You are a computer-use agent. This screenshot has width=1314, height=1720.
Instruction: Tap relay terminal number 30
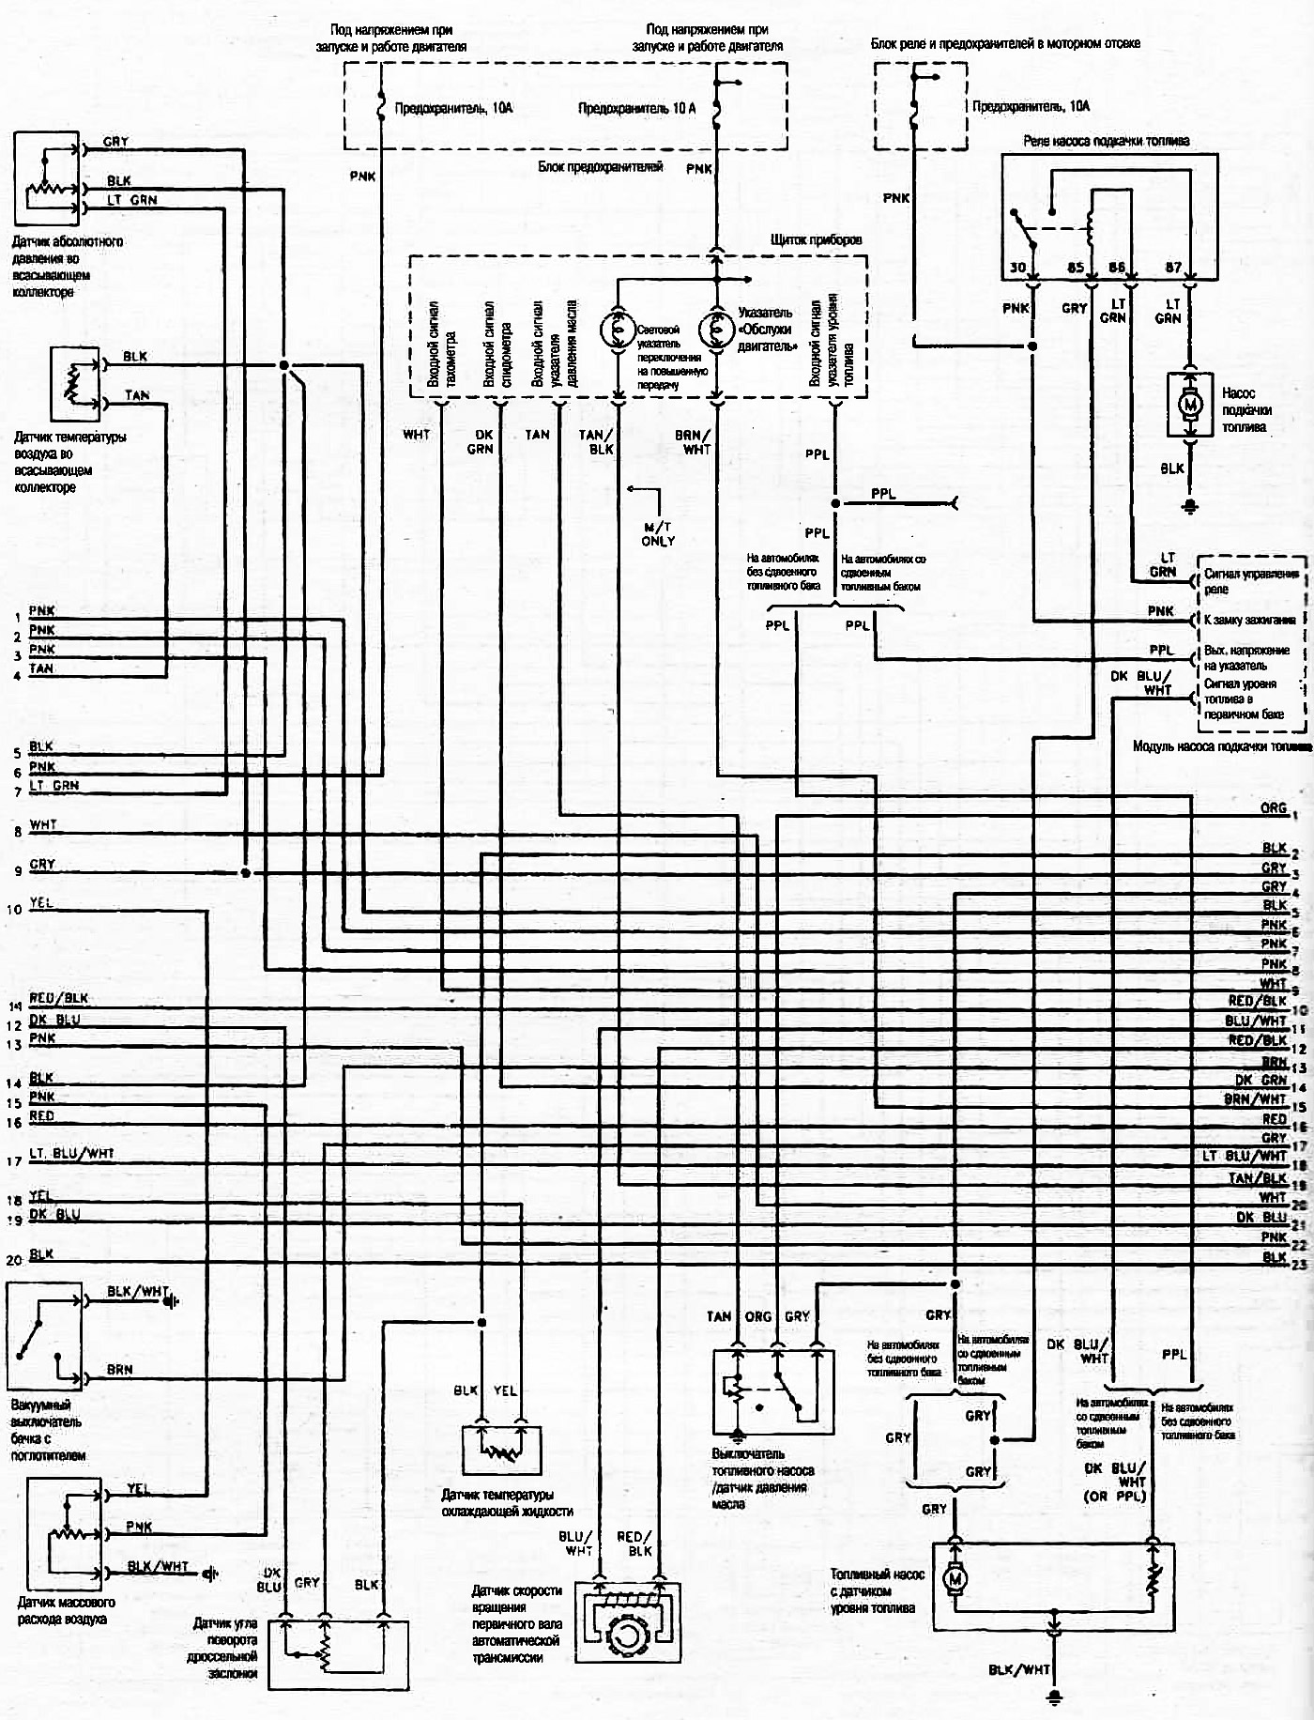point(1017,268)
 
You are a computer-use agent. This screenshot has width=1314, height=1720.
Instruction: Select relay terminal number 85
point(1076,268)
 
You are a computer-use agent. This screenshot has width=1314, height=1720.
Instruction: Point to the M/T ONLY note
point(658,534)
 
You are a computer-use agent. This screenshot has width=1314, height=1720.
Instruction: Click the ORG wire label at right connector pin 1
point(1273,808)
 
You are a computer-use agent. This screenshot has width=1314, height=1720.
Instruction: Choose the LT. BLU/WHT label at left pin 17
point(71,1154)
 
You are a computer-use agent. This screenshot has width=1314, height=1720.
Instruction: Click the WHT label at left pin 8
point(43,825)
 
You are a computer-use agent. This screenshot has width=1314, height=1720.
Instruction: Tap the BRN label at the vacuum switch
point(119,1370)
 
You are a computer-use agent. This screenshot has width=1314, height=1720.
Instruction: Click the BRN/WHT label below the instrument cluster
point(696,442)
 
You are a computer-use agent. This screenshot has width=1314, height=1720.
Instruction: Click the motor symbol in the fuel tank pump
point(955,1580)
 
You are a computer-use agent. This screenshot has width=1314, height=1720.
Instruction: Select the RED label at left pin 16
point(42,1116)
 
